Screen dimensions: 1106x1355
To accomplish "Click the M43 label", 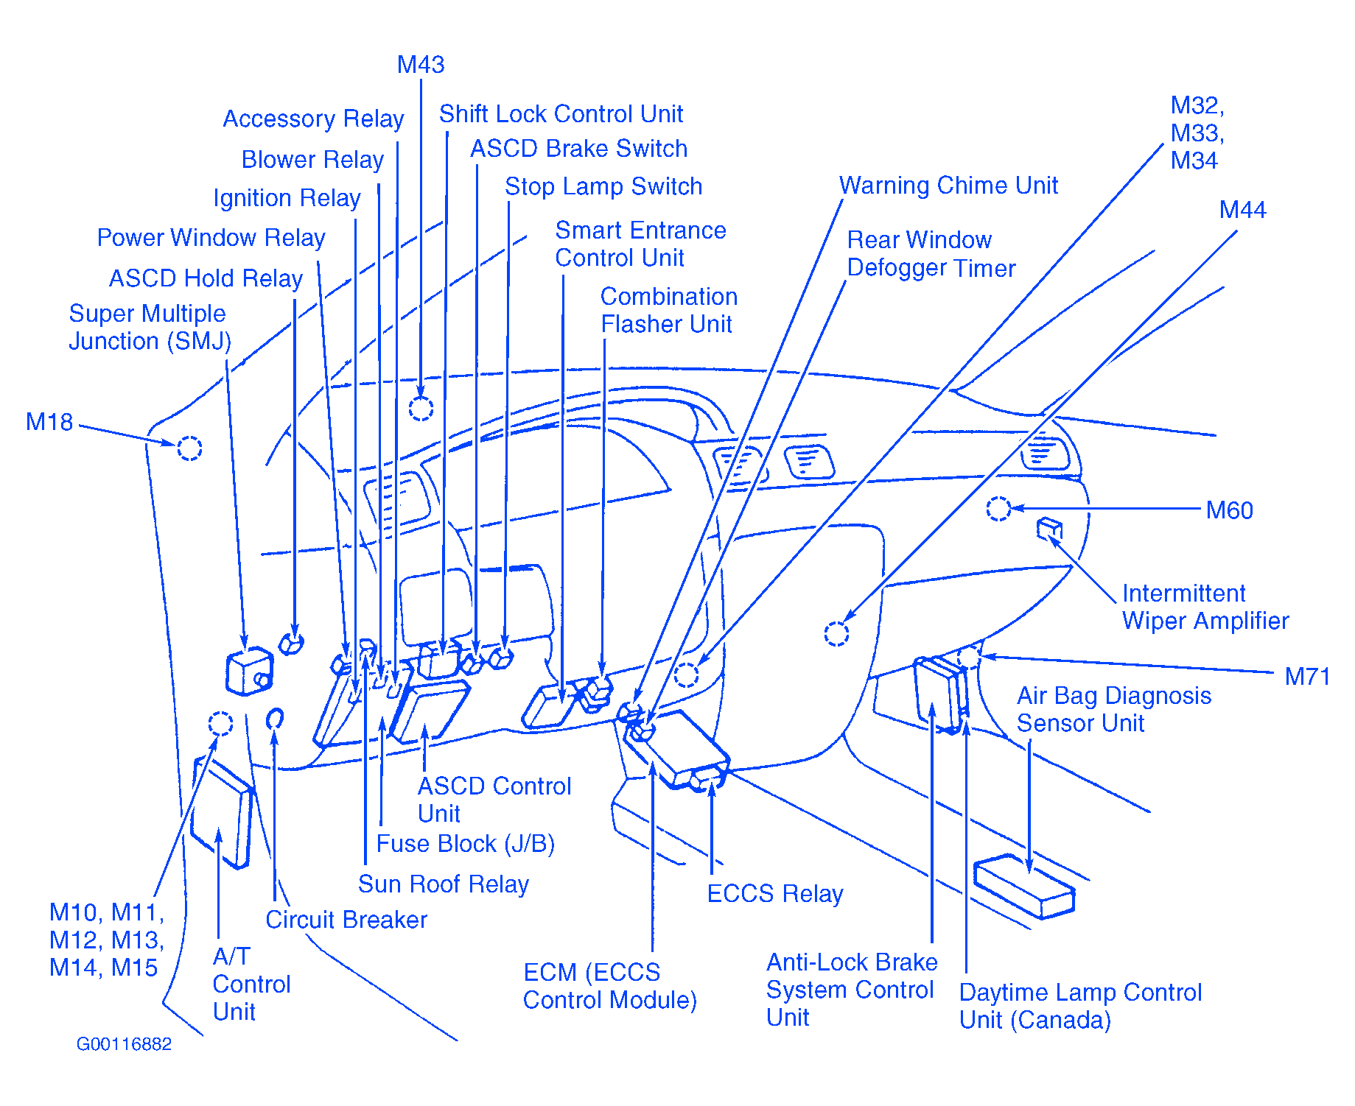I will tap(421, 65).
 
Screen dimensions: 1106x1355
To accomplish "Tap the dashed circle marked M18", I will tap(189, 448).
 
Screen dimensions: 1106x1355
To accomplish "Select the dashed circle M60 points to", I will tap(998, 508).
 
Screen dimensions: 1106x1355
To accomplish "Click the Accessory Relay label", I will tap(313, 119).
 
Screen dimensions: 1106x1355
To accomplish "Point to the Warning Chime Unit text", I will tap(948, 186).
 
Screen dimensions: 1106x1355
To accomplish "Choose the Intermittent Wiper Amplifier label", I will tap(1205, 607).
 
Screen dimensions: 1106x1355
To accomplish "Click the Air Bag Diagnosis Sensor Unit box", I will tap(1023, 887).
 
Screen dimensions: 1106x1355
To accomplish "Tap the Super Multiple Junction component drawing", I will tap(249, 671).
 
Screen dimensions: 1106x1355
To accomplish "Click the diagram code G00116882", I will tap(124, 1044).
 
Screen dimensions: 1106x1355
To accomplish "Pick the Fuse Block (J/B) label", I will tap(465, 844).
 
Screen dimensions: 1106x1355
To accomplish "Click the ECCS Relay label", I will tap(774, 894).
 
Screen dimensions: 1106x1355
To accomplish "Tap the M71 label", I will tap(1306, 676).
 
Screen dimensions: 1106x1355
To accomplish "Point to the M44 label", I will tap(1242, 210).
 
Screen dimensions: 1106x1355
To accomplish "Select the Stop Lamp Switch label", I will tap(603, 186).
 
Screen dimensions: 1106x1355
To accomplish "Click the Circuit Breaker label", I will tap(346, 920).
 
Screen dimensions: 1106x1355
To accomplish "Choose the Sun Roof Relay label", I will tap(443, 884).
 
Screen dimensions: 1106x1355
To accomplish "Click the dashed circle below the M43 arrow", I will tap(421, 408).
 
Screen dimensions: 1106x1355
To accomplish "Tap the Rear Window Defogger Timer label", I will tap(931, 254).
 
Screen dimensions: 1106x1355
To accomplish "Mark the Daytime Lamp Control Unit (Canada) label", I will tap(1079, 1006).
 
